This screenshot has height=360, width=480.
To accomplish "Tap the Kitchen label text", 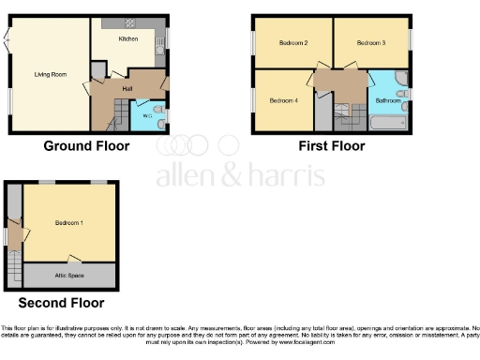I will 128,40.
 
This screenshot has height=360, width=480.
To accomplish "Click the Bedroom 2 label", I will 293,43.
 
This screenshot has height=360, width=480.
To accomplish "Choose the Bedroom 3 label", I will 359,43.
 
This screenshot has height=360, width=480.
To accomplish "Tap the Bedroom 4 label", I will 282,100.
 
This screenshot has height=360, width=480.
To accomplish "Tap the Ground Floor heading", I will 86,146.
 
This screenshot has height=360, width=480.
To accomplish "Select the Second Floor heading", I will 62,303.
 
